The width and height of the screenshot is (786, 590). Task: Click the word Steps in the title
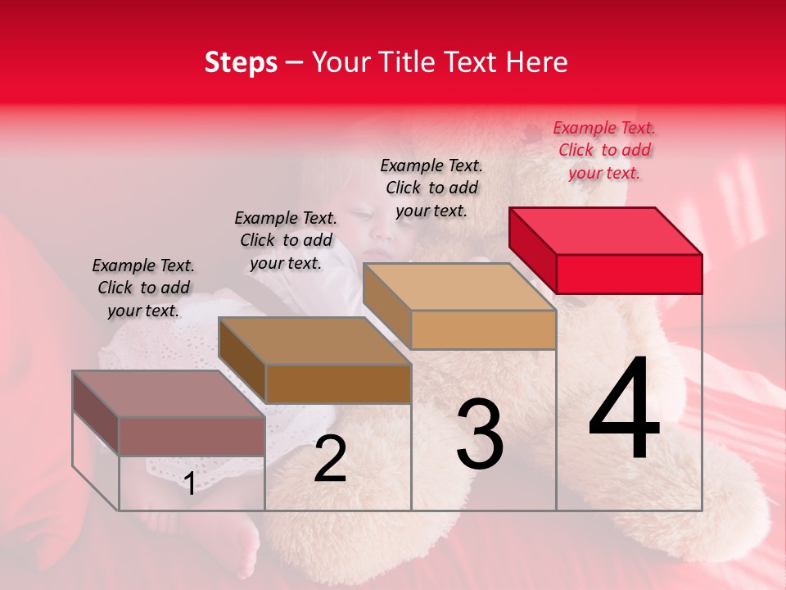(x=241, y=62)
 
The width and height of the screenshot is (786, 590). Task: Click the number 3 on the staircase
(x=480, y=434)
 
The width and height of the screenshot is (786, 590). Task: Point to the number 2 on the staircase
(x=330, y=459)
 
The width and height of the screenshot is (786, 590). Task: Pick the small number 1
(x=190, y=483)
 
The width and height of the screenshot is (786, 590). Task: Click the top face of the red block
(x=606, y=230)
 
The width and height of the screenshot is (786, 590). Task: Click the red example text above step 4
(x=604, y=150)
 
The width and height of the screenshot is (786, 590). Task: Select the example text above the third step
(x=431, y=188)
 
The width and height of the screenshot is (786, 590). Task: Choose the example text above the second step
(x=286, y=240)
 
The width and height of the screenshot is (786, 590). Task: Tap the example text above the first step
(x=143, y=288)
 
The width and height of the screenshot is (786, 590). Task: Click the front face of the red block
(x=629, y=274)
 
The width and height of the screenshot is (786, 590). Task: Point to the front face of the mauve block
(x=192, y=436)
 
